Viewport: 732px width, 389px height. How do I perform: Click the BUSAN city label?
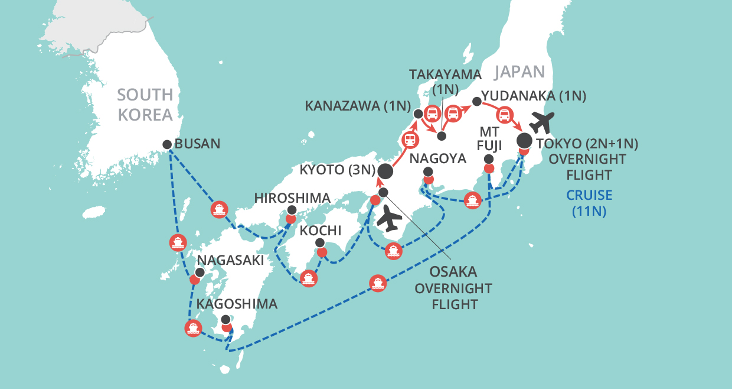click(198, 144)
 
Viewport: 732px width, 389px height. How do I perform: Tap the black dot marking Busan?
click(167, 144)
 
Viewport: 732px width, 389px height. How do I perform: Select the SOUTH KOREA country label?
click(145, 104)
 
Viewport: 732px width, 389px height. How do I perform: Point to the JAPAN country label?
click(519, 72)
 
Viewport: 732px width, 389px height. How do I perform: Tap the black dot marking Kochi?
click(319, 242)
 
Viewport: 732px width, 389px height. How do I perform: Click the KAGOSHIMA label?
click(237, 304)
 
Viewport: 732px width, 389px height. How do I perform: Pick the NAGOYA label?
click(438, 158)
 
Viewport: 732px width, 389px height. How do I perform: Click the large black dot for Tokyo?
click(524, 141)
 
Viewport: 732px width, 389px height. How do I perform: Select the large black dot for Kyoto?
click(385, 171)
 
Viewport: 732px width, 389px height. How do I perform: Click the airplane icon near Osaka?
click(388, 219)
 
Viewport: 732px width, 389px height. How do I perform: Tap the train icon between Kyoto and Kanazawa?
click(410, 140)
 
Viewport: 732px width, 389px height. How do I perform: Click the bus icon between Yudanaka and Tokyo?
click(506, 115)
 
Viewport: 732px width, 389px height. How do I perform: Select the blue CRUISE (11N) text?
click(589, 203)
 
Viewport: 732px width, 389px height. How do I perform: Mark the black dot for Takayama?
click(442, 136)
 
